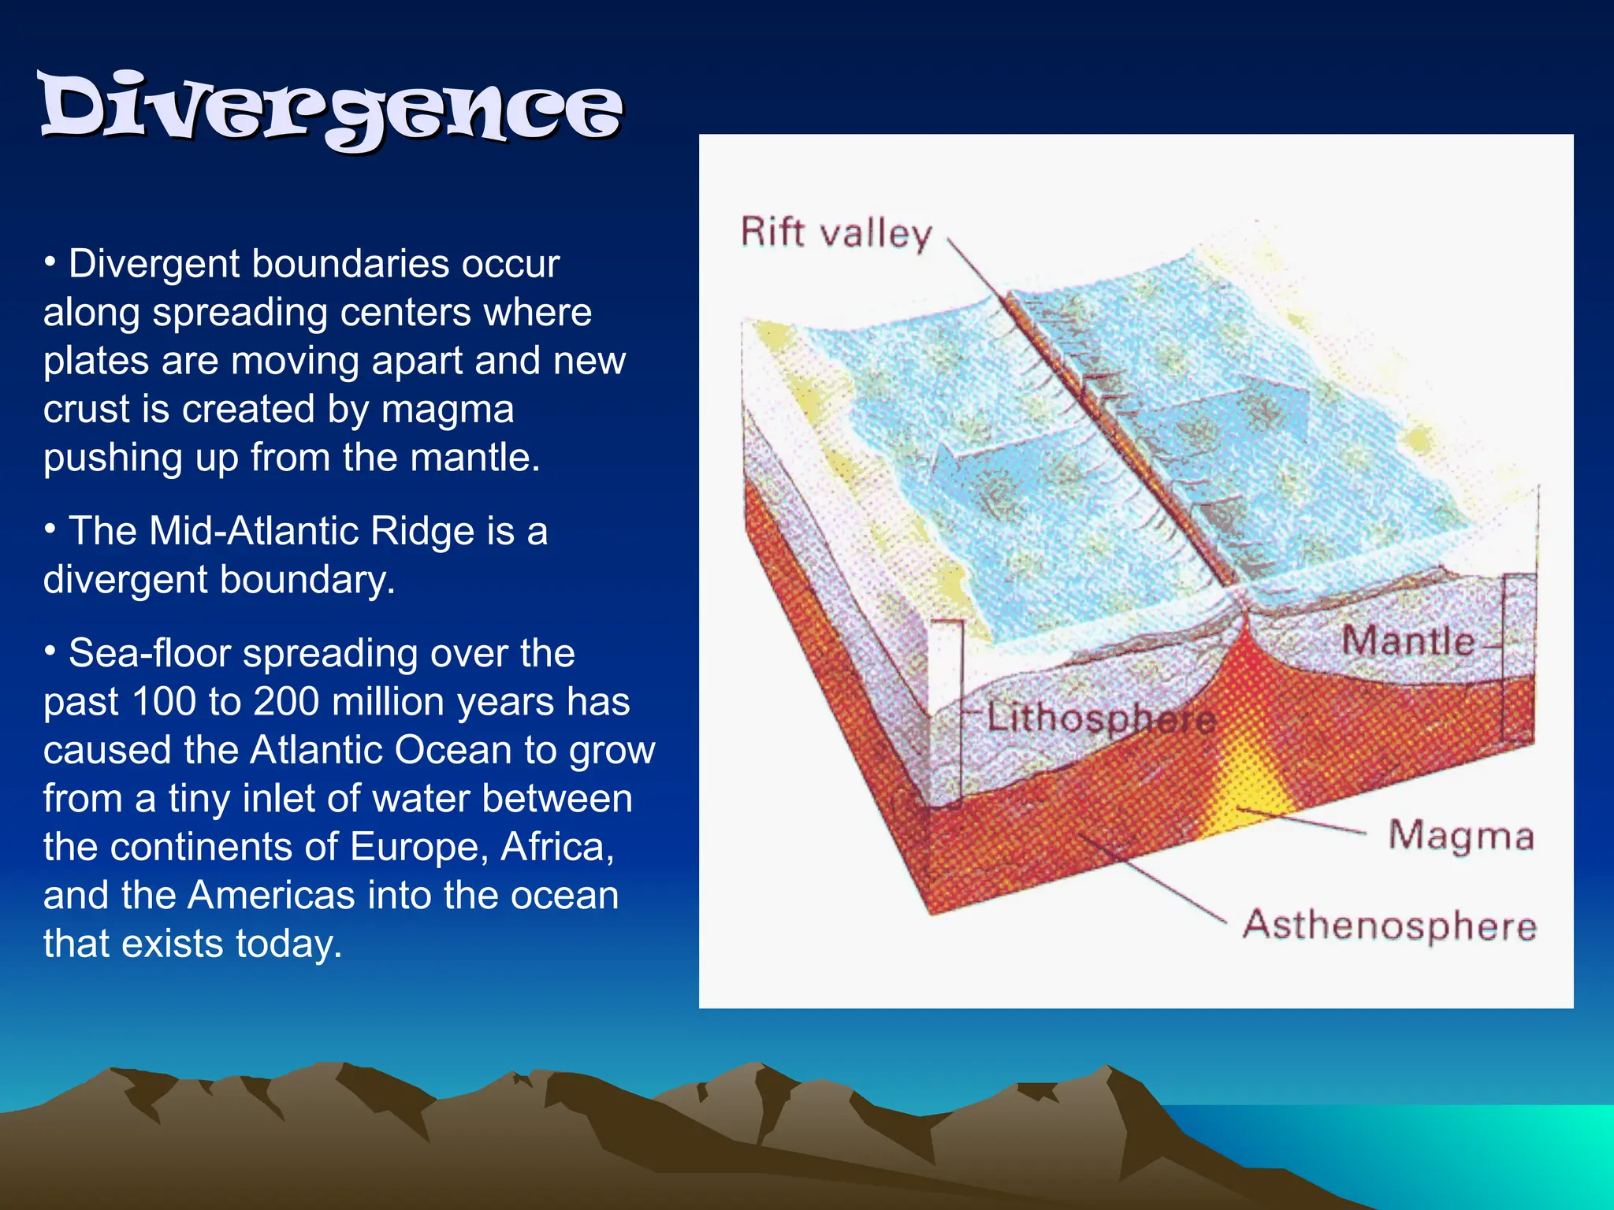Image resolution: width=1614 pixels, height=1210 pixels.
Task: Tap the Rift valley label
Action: click(x=835, y=233)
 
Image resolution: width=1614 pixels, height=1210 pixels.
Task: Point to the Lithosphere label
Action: click(x=1100, y=718)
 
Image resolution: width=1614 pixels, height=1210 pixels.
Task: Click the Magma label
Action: click(x=1460, y=835)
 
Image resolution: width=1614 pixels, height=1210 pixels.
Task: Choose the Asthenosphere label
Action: click(x=1389, y=925)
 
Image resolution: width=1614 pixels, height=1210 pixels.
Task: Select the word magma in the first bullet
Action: click(x=447, y=409)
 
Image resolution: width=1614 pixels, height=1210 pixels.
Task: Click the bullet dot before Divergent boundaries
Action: click(x=50, y=261)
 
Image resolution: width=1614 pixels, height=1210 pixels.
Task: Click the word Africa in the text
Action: click(x=556, y=847)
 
